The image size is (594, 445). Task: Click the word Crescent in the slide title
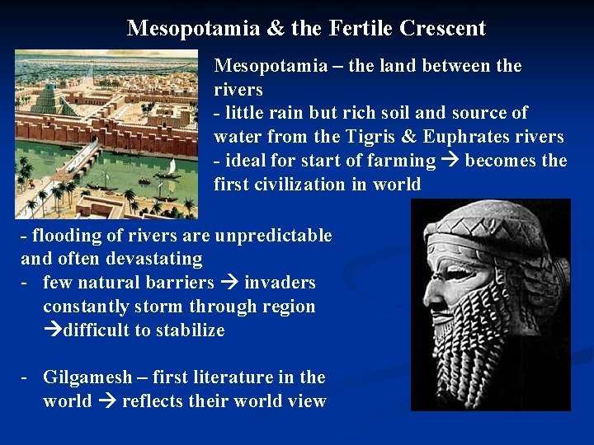coord(442,28)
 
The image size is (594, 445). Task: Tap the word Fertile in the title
coord(361,28)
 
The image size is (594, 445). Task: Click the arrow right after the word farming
coord(450,161)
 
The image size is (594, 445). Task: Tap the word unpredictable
coord(273,236)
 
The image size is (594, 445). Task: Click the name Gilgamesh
coord(87,377)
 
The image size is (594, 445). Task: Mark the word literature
coord(248,377)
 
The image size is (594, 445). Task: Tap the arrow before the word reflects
coord(107,401)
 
